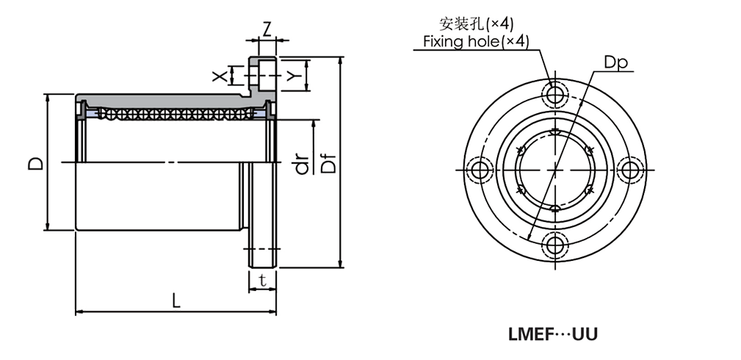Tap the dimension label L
(x=175, y=300)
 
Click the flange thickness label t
(x=261, y=279)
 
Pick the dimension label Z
(x=267, y=29)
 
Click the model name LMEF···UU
(x=552, y=334)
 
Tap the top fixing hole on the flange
(x=554, y=94)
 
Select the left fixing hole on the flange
(x=480, y=169)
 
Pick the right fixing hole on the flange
(x=629, y=169)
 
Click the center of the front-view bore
(x=554, y=169)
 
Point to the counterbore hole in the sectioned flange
(x=264, y=75)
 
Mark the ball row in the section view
(x=173, y=115)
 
